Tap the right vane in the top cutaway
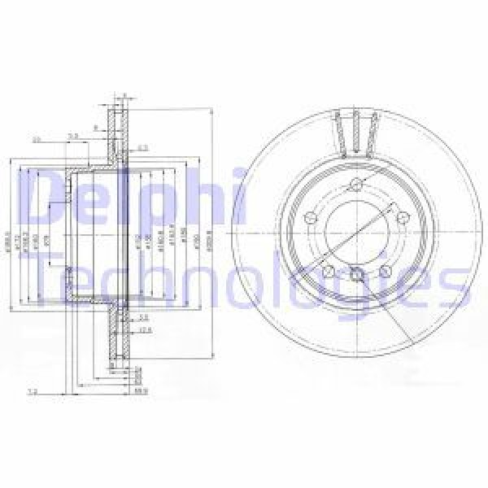[374, 131]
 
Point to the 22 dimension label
[36, 140]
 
